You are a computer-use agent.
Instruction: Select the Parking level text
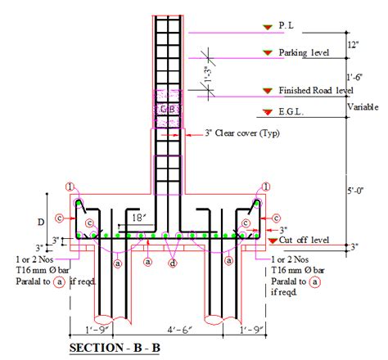pyautogui.click(x=305, y=53)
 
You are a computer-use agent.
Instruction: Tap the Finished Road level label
pyautogui.click(x=316, y=90)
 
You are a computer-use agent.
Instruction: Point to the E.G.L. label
pyautogui.click(x=294, y=111)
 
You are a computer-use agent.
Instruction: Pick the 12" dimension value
pyautogui.click(x=353, y=42)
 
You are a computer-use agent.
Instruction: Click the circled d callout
pyautogui.click(x=172, y=263)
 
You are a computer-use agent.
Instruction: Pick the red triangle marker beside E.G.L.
pyautogui.click(x=265, y=112)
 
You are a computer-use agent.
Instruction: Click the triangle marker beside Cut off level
pyautogui.click(x=272, y=240)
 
